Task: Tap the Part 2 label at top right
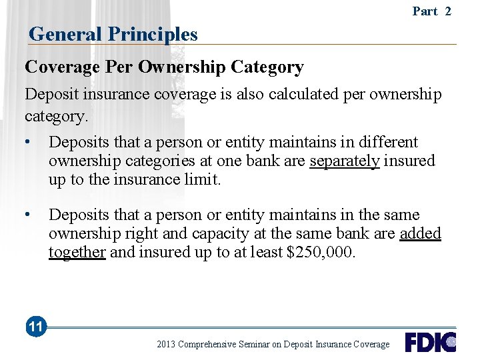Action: pyautogui.click(x=431, y=11)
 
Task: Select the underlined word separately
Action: pyautogui.click(x=345, y=161)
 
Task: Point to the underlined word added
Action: pyautogui.click(x=420, y=233)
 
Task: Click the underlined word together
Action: pyautogui.click(x=77, y=252)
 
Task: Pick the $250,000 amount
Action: pyautogui.click(x=323, y=252)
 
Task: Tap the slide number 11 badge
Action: pyautogui.click(x=36, y=327)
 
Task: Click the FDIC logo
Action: pyautogui.click(x=430, y=342)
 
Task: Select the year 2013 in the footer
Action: pyautogui.click(x=167, y=345)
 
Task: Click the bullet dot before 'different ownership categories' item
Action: pyautogui.click(x=28, y=142)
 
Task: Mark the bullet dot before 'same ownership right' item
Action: pyautogui.click(x=28, y=215)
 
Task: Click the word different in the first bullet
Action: pyautogui.click(x=387, y=142)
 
